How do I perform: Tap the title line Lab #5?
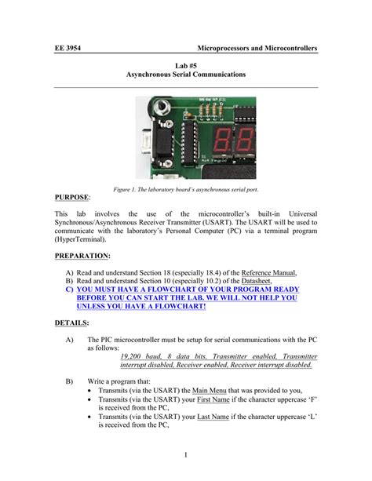(x=186, y=63)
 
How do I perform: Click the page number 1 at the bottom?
(x=186, y=456)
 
